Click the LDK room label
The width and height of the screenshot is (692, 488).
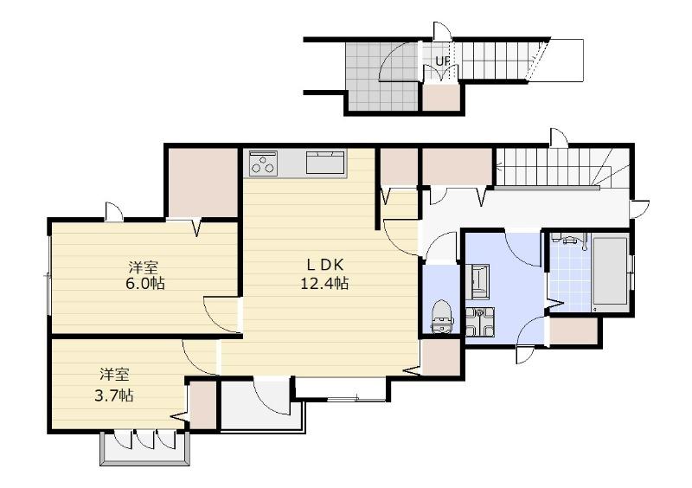pyautogui.click(x=325, y=265)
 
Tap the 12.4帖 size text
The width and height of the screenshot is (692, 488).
pyautogui.click(x=324, y=283)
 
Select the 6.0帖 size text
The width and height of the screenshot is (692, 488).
pyautogui.click(x=145, y=283)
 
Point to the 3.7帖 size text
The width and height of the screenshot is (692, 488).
pyautogui.click(x=114, y=395)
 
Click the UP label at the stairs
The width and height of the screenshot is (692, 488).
pyautogui.click(x=443, y=61)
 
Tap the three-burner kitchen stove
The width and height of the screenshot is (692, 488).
pyautogui.click(x=263, y=163)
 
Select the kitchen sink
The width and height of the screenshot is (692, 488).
pyautogui.click(x=325, y=162)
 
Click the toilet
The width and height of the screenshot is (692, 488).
pyautogui.click(x=441, y=316)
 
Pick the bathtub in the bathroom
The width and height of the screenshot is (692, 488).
pyautogui.click(x=611, y=271)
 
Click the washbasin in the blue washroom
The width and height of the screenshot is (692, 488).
pyautogui.click(x=477, y=281)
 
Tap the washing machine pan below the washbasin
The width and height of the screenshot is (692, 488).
pyautogui.click(x=480, y=323)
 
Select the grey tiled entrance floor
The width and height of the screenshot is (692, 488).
pyautogui.click(x=381, y=76)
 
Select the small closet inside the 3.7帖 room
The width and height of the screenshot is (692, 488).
pyautogui.click(x=202, y=406)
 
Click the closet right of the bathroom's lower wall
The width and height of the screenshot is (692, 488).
pyautogui.click(x=573, y=331)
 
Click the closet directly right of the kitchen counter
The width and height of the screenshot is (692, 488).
pyautogui.click(x=399, y=166)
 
